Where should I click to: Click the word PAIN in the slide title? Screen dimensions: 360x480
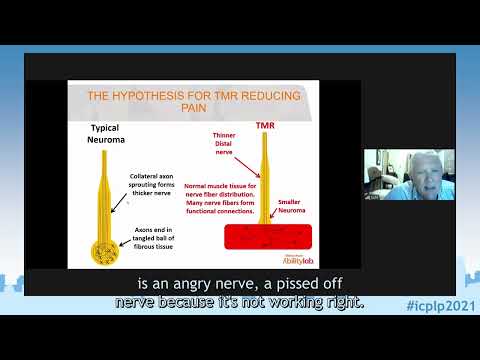pyautogui.click(x=198, y=112)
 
